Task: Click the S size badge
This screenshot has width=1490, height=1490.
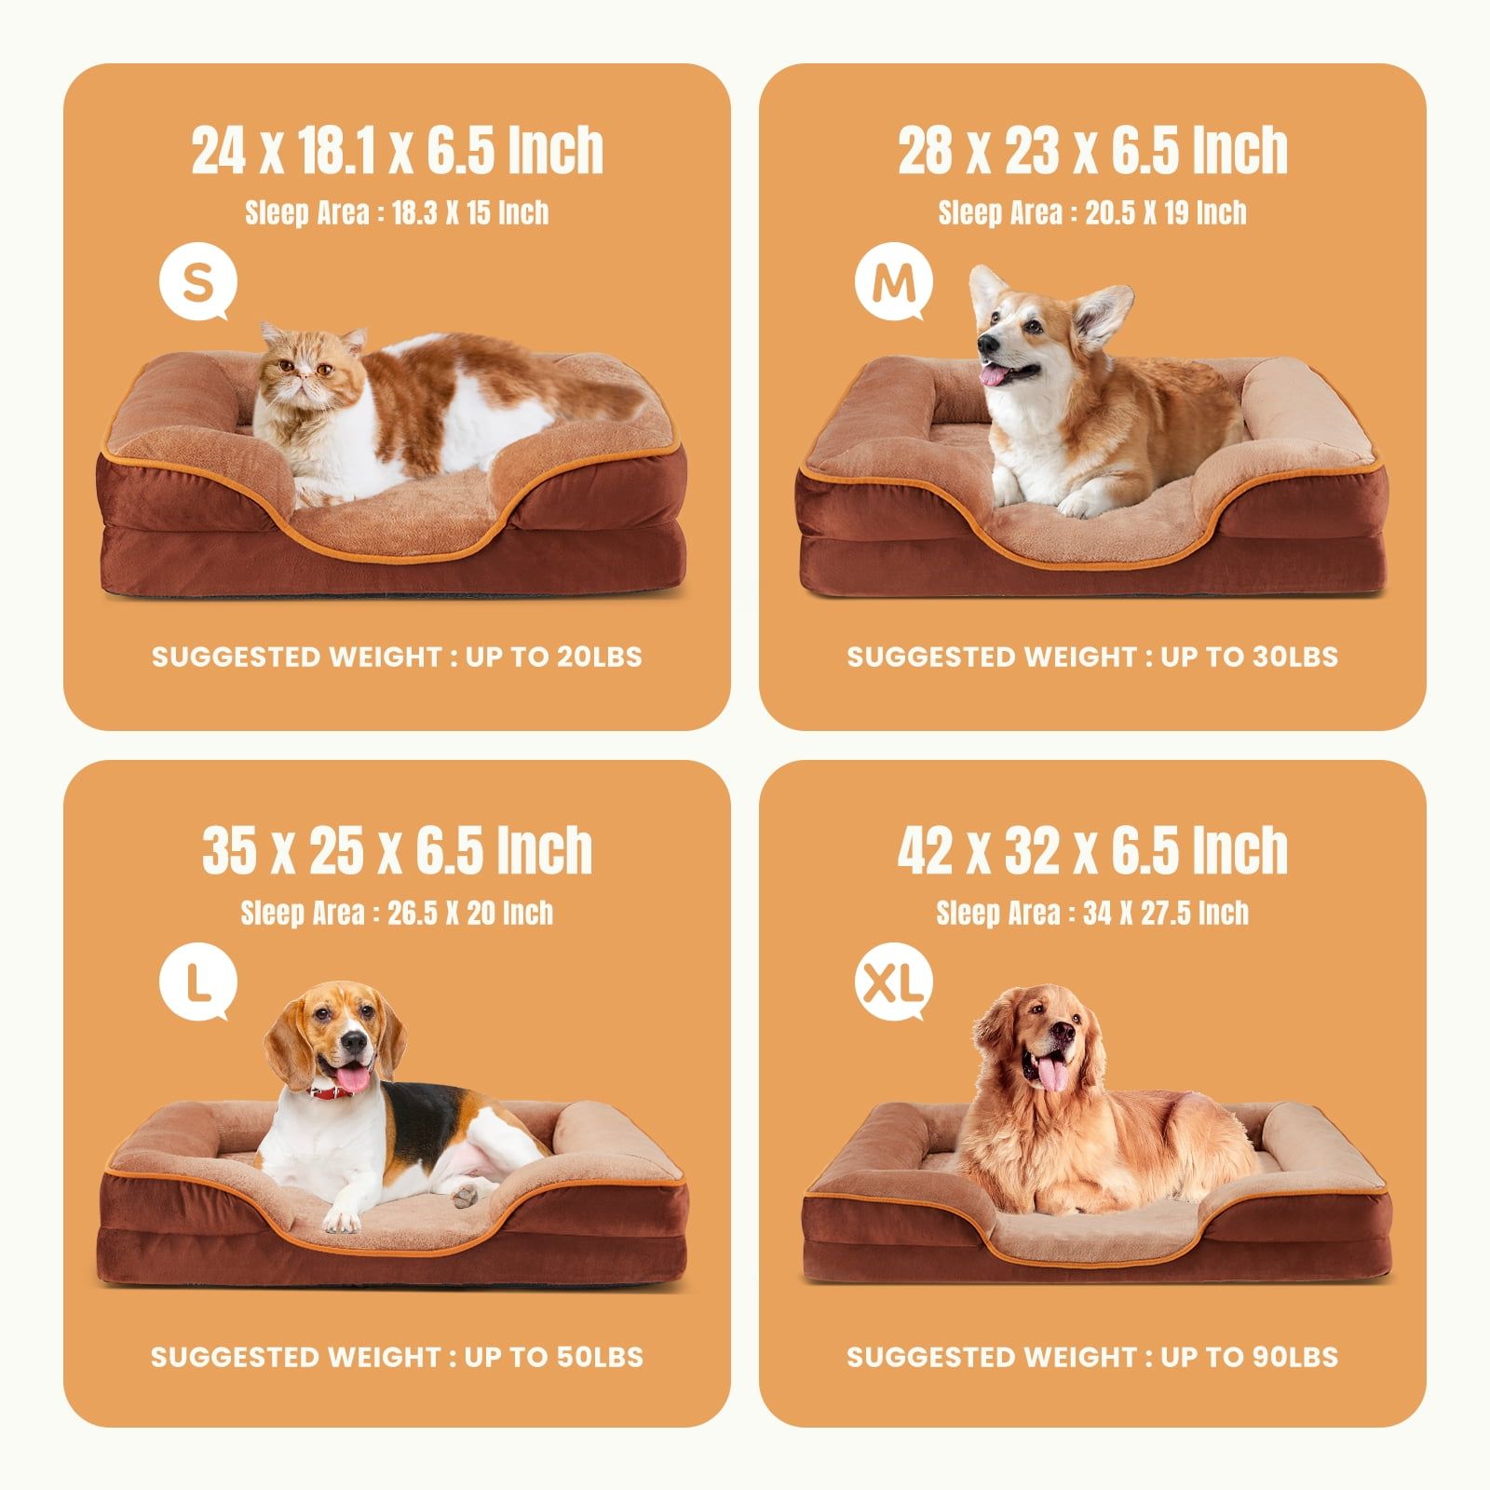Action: click(197, 285)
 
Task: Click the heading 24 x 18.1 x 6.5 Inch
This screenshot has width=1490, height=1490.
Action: click(398, 150)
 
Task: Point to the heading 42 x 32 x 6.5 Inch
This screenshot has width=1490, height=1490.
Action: click(1092, 849)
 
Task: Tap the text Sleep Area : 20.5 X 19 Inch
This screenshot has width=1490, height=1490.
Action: click(1092, 213)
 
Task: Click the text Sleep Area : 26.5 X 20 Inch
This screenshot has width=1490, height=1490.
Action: click(398, 913)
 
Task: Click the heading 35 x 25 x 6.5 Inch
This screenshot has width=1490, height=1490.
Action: click(398, 849)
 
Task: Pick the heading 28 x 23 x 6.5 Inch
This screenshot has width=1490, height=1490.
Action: click(1092, 150)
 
